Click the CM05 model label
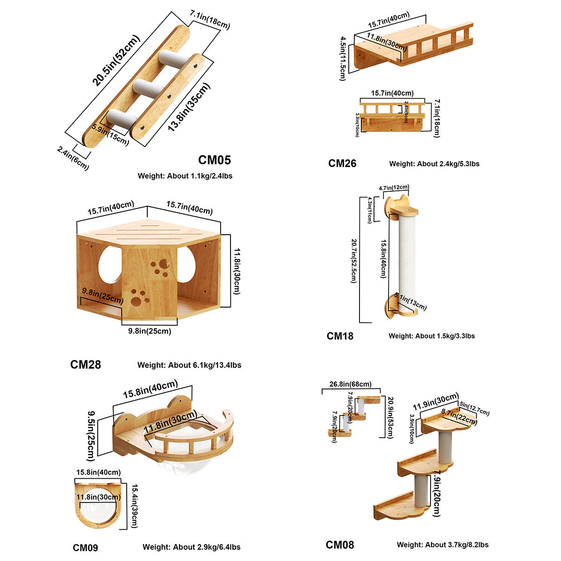coord(215,160)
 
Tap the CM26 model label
coord(342,163)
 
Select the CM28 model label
coord(86,364)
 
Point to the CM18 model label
coord(340,336)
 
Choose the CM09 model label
coord(86,547)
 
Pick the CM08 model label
coord(340,545)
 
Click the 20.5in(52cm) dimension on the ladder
coord(116,60)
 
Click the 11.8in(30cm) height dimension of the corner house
coord(236,271)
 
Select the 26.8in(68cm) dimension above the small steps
coord(351,384)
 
